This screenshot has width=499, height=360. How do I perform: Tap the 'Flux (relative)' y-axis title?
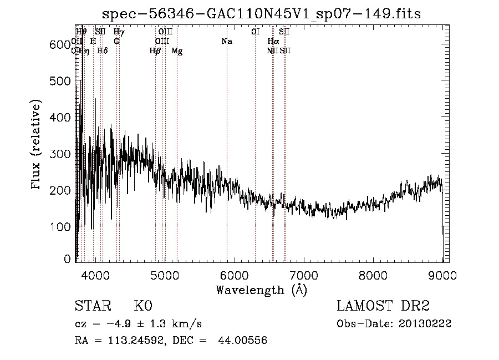point(37,145)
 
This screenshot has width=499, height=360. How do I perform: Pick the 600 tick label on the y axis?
point(60,45)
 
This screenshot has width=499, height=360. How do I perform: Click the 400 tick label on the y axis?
point(60,118)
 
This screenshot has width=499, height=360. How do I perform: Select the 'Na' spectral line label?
point(226,42)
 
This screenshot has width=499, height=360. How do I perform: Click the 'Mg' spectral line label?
point(177,51)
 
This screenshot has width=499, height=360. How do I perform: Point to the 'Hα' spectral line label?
point(273,42)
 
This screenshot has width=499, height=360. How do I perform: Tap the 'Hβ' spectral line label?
point(155,51)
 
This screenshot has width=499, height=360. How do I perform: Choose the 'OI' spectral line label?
point(255,32)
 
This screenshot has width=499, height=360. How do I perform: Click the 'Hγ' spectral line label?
point(119,32)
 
